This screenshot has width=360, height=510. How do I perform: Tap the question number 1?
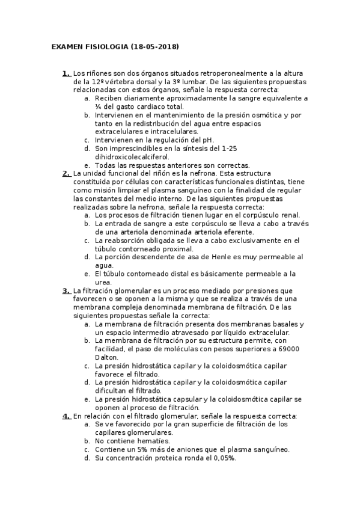click(66, 73)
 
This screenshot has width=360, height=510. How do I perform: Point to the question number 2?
click(66, 173)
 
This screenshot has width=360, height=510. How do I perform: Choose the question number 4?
click(66, 416)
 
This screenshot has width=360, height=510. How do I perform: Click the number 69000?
click(285, 348)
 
